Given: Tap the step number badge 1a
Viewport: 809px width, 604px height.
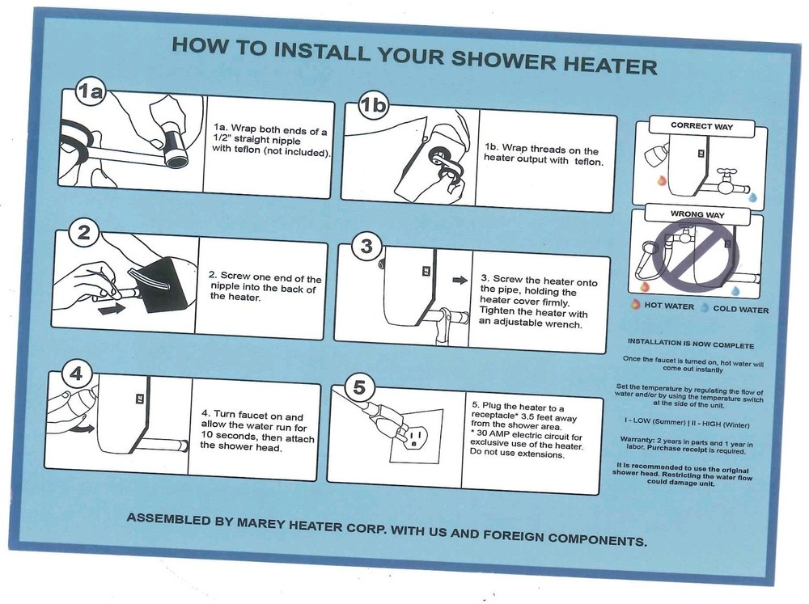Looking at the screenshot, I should [91, 91].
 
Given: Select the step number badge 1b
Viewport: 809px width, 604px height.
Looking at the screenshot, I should [373, 105].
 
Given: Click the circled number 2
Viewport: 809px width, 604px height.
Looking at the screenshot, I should [83, 233].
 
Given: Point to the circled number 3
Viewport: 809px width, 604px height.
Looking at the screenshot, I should [366, 246].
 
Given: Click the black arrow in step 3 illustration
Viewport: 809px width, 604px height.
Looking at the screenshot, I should [460, 280].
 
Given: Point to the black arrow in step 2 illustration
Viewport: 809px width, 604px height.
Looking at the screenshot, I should [112, 308].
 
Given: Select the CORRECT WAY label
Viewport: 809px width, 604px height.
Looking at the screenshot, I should [701, 126].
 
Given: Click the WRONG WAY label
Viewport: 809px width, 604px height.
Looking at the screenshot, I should [697, 214].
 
